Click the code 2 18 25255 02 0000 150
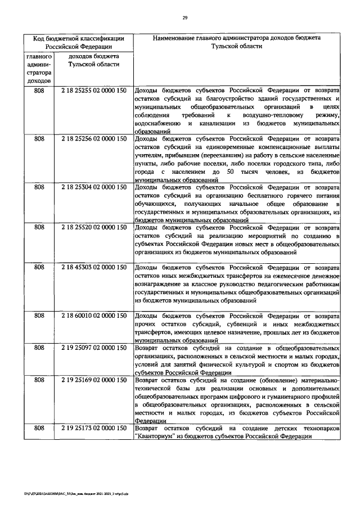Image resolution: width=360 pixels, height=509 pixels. point(93,91)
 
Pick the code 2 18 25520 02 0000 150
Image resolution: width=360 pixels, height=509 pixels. point(93,227)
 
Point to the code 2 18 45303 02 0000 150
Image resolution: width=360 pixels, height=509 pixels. point(93,267)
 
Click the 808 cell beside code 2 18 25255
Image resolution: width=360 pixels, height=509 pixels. point(39,91)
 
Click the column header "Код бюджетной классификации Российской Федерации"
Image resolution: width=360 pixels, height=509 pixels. point(78,42)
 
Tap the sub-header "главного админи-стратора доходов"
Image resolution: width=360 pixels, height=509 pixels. point(39,69)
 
